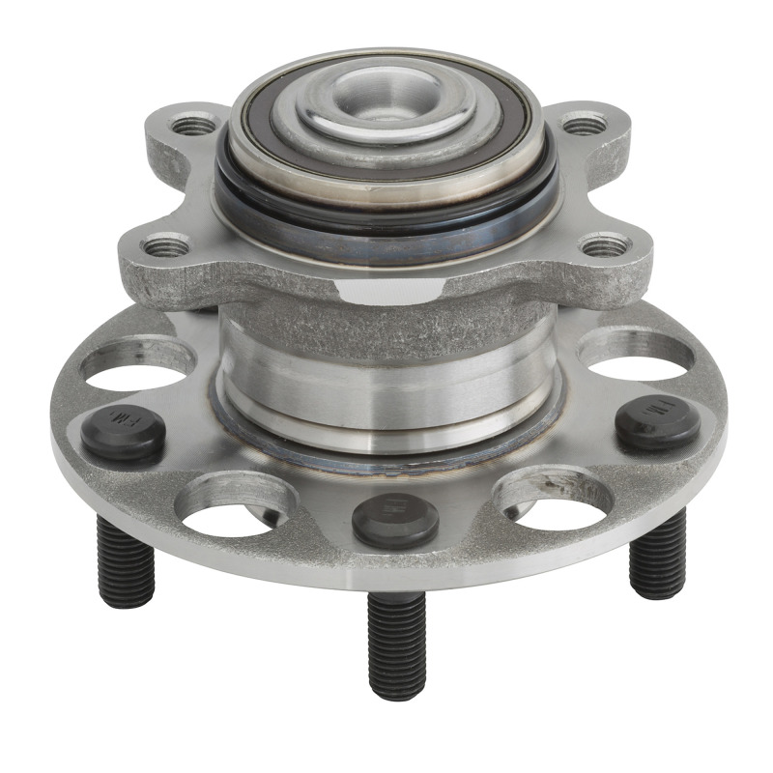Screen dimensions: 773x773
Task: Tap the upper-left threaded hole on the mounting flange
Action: [193, 126]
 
